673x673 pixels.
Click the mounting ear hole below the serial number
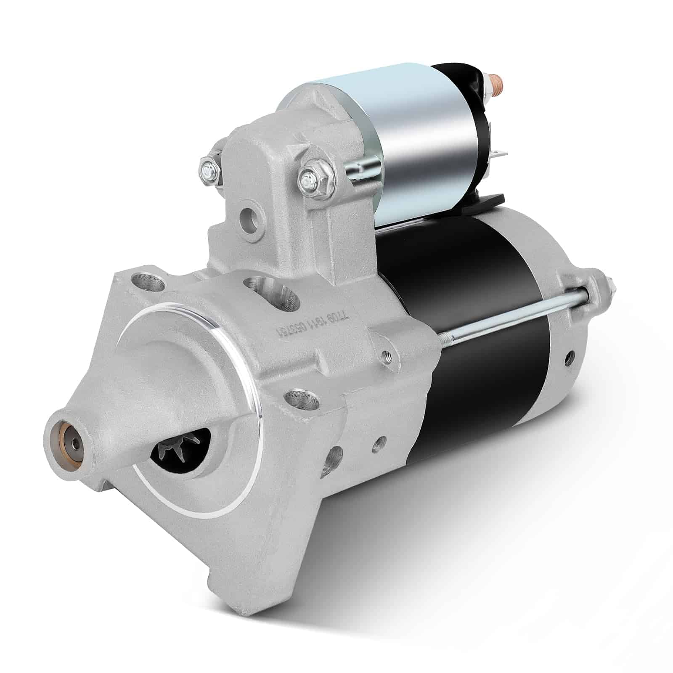point(298,397)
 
